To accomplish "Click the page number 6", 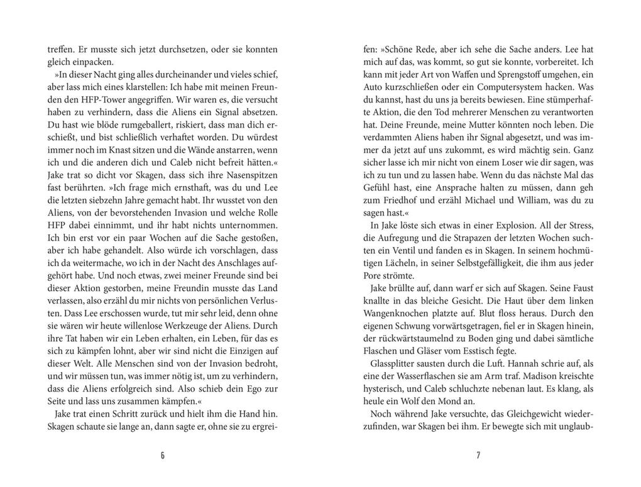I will click(x=163, y=455).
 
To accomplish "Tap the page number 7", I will click(x=479, y=455).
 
